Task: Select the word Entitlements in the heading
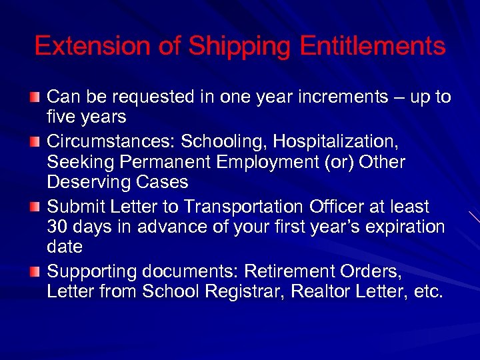coord(372,46)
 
